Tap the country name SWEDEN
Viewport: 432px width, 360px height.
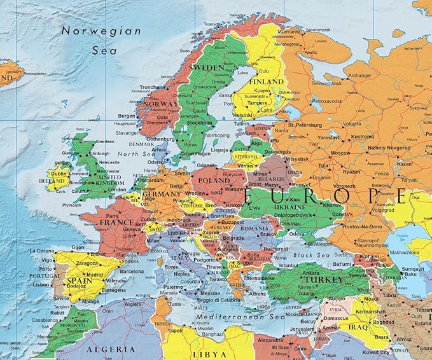coord(209,67)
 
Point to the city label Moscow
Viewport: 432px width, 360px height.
coord(340,153)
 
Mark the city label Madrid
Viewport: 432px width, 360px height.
coord(94,275)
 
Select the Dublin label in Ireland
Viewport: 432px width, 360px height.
coord(60,172)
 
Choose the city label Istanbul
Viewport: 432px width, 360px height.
coord(288,265)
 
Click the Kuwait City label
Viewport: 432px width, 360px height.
coord(376,352)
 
